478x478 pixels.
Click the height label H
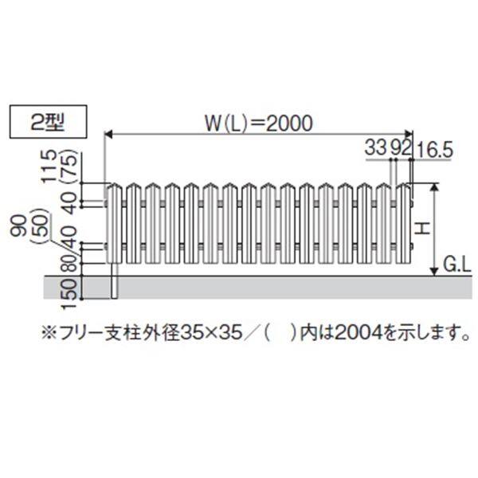pos(424,229)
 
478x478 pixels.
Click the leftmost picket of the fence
pos(113,223)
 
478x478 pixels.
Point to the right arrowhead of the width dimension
pos(409,134)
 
